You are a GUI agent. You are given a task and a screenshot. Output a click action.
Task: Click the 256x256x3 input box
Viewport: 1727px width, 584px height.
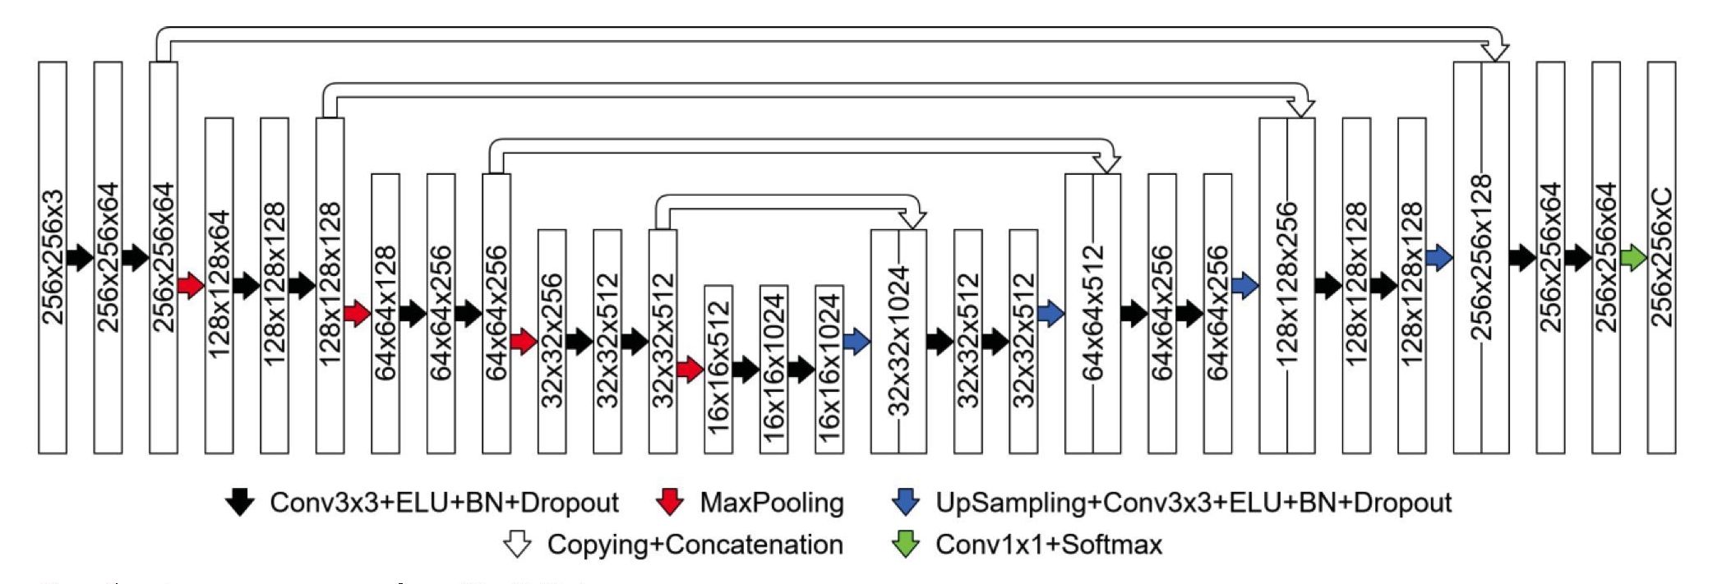click(52, 257)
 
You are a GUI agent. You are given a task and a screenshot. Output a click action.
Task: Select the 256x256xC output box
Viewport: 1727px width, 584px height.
click(1661, 257)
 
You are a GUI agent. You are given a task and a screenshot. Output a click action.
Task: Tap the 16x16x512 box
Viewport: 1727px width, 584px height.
click(718, 369)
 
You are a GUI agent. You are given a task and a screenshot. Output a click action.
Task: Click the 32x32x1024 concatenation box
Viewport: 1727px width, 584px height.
click(898, 341)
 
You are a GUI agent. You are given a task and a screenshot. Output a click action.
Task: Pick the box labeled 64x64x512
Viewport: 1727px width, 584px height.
click(1092, 313)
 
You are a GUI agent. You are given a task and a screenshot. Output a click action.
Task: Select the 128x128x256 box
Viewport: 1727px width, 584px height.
click(1286, 285)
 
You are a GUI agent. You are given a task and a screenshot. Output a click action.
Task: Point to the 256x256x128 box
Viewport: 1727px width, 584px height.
click(1480, 257)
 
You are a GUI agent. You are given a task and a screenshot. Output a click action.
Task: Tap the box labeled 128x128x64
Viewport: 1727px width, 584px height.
click(219, 285)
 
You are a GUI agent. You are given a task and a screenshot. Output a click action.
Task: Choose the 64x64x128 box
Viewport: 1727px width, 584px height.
click(386, 313)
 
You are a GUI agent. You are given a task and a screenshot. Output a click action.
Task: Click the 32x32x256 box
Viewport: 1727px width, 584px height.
click(552, 341)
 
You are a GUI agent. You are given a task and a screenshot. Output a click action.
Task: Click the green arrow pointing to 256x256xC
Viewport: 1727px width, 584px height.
click(1633, 258)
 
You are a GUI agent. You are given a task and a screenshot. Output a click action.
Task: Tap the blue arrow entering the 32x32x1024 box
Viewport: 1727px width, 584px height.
click(857, 342)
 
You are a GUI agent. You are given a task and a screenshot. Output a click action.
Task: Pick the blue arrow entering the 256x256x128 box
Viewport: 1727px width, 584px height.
click(1439, 258)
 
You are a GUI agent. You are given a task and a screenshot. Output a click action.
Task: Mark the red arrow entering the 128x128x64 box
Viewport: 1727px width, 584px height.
click(191, 286)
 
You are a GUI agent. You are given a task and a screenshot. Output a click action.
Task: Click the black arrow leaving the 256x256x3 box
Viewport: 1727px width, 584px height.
click(80, 258)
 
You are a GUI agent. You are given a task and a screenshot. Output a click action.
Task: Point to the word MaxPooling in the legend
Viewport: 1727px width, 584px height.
click(771, 503)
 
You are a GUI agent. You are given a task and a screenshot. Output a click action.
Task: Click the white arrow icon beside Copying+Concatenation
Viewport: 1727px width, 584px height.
click(517, 544)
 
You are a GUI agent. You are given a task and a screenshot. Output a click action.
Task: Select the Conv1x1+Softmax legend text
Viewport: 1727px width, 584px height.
click(1048, 544)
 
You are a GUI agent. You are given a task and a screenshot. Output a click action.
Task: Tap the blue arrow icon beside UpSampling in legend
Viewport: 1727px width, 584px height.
click(905, 502)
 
